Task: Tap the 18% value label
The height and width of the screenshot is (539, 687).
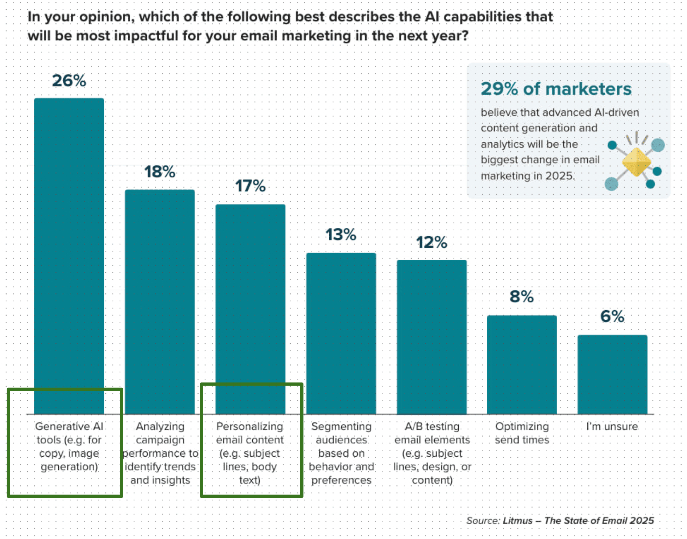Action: point(160,172)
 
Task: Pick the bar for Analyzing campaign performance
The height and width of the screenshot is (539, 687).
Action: point(160,300)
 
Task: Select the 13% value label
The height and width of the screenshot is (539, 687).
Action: point(341,234)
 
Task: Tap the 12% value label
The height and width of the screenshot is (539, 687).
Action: point(432,242)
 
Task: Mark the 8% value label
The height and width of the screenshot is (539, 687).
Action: point(522,297)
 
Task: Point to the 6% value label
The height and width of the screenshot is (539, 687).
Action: point(612,316)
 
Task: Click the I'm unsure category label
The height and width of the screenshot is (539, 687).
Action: point(612,427)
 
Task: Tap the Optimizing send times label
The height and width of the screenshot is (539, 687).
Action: point(522,433)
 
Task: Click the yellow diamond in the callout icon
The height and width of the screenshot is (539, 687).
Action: point(636,162)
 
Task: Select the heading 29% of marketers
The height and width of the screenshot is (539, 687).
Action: point(556,89)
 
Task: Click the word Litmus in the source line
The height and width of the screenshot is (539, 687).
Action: point(517,521)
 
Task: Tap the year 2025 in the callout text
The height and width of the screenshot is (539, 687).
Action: point(559,176)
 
